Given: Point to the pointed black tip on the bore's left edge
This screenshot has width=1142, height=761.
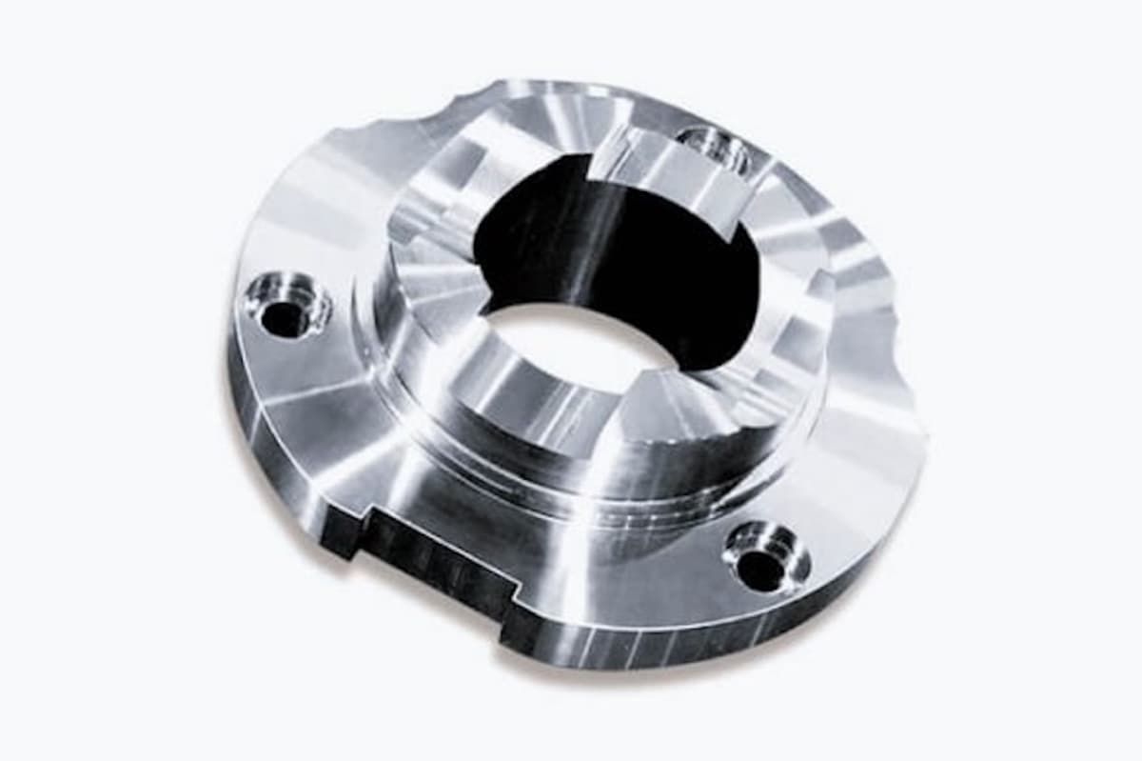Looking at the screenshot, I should click(487, 307).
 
